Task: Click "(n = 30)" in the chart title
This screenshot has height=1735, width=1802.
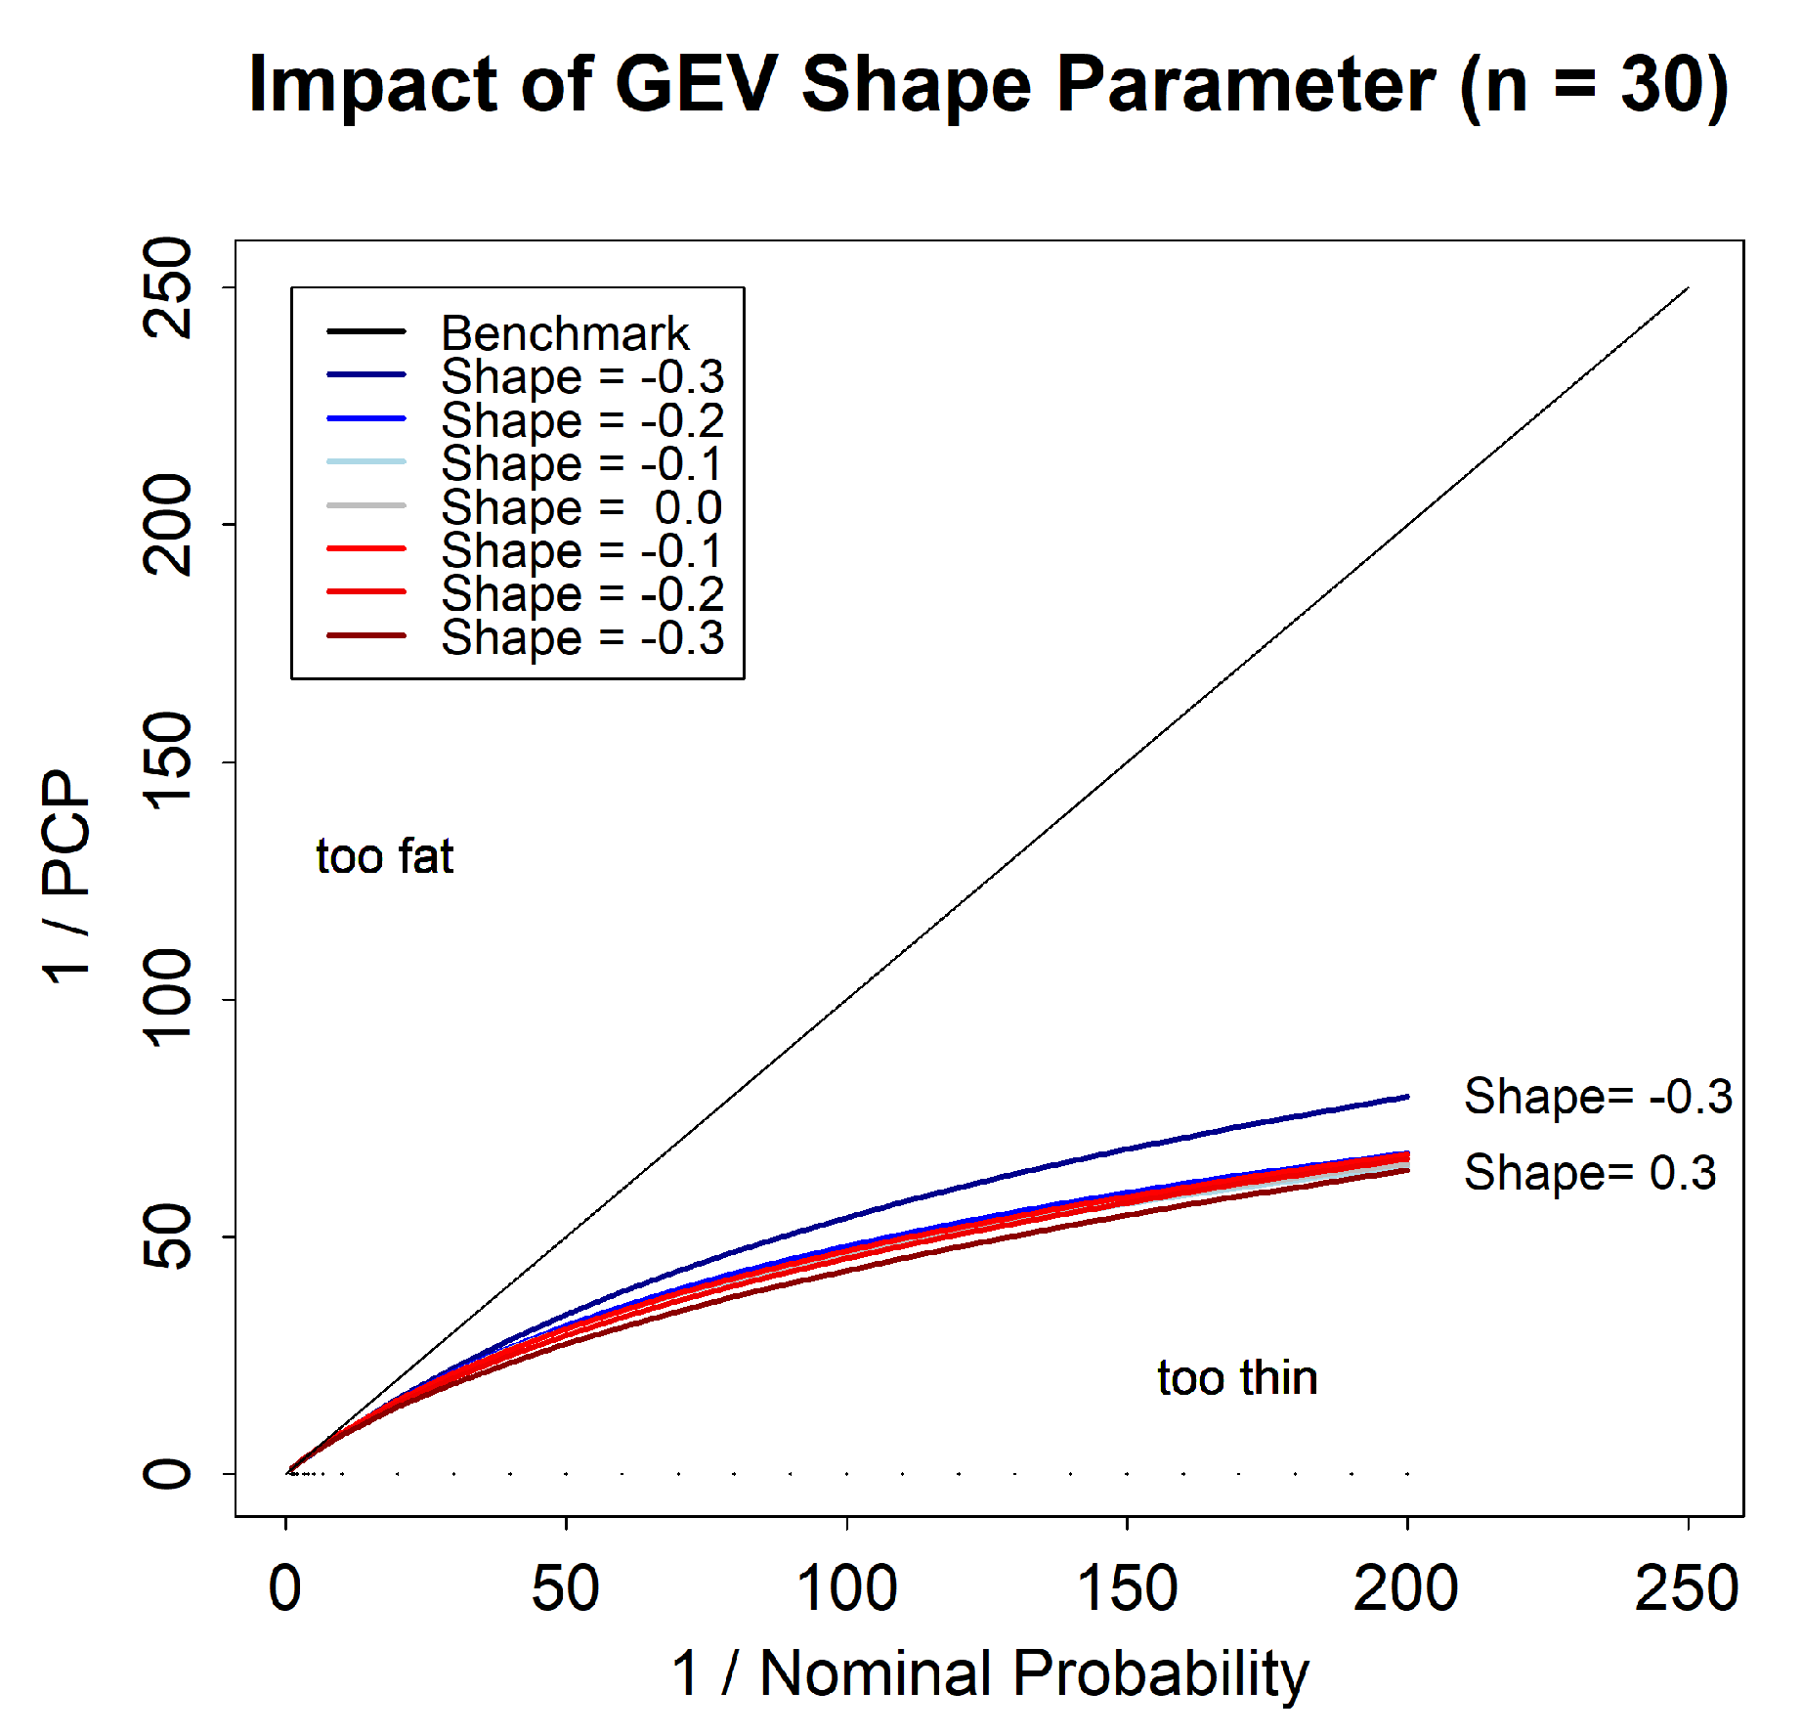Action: coord(1593,85)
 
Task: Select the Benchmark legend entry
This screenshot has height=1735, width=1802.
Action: coord(564,333)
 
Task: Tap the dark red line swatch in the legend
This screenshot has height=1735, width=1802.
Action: coord(366,636)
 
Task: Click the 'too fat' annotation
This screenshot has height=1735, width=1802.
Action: coord(384,856)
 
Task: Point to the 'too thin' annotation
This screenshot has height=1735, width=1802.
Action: coord(1237,1378)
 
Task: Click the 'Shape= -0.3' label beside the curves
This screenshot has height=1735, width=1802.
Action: coord(1597,1097)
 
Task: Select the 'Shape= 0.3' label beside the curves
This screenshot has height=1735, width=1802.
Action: coord(1589,1173)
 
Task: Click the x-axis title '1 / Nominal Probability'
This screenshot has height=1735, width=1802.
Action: coord(989,1673)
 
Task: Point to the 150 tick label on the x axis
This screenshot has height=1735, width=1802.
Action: coord(1127,1589)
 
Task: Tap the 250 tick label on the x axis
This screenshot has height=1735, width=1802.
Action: coord(1687,1589)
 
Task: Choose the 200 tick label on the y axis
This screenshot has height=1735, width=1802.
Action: coord(168,525)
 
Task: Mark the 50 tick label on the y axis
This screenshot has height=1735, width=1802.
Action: coord(168,1236)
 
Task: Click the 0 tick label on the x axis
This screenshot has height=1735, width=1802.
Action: coord(285,1589)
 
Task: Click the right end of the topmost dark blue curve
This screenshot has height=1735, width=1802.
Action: coord(1406,1097)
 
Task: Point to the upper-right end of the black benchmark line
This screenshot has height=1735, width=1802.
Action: coord(1687,288)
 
